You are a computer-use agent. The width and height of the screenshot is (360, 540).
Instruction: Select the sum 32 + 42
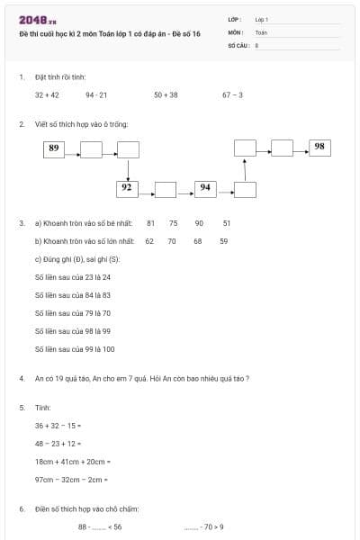point(47,94)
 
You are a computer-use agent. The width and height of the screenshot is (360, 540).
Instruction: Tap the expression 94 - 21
point(96,94)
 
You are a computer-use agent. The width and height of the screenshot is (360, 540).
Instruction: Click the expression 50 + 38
point(166,94)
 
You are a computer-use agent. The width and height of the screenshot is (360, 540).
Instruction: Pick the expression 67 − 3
point(232,94)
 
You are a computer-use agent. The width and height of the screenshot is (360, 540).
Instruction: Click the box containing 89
point(54,148)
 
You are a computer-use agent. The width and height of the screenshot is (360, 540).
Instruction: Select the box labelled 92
point(127,188)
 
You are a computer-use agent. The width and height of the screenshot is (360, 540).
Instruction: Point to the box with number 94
point(205,188)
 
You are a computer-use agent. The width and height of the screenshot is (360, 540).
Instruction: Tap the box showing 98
point(320,147)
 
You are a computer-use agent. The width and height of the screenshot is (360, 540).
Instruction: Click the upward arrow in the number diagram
point(245,168)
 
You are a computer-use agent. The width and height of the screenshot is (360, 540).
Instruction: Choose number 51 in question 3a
point(227,222)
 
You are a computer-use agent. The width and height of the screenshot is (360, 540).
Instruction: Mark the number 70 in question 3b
point(171,241)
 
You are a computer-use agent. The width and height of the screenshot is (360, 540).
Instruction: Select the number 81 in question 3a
point(150,222)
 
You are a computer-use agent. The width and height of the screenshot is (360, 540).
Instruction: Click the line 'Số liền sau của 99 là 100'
point(75,349)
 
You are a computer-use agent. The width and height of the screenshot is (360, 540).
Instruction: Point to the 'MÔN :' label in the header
point(237,31)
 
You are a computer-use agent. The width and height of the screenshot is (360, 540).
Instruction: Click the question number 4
point(22,378)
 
